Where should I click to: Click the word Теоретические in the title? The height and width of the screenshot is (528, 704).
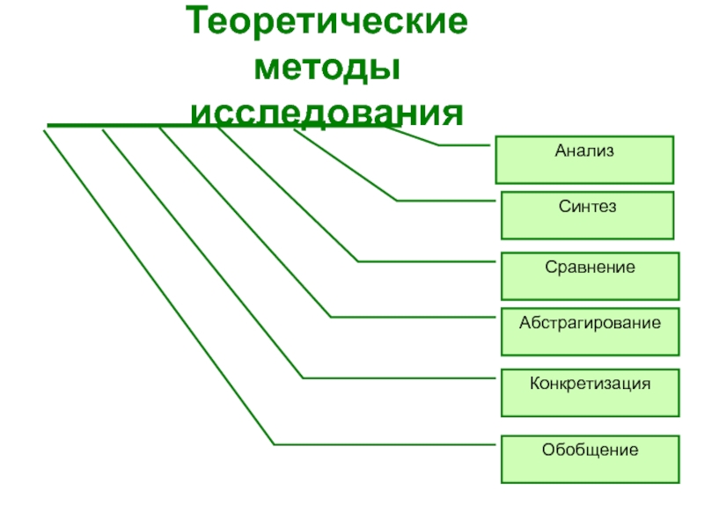326,23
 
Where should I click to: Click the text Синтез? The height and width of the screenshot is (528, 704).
587,207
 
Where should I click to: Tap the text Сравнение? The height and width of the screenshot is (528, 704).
590,266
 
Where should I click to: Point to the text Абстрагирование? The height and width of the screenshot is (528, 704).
590,323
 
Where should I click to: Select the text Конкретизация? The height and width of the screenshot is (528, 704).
590,384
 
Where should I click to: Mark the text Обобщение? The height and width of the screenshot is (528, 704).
590,450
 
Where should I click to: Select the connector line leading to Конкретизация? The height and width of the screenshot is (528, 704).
202,255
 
